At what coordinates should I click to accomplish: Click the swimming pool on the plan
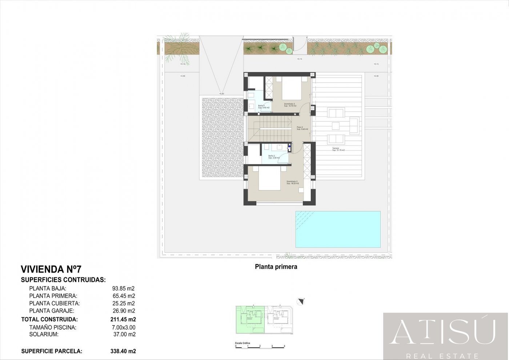point(338,229)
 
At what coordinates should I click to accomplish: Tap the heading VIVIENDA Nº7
point(51,269)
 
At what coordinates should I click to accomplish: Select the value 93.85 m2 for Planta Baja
point(123,289)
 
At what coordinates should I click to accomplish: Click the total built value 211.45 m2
point(123,320)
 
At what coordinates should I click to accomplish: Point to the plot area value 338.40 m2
point(123,351)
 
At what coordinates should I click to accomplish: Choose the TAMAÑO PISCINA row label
point(53,327)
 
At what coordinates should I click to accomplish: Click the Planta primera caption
point(276,267)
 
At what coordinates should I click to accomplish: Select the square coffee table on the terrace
point(336,126)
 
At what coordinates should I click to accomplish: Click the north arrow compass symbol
point(300,301)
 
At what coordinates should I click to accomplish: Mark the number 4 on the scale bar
point(284,346)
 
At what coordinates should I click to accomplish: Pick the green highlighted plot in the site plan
point(250,320)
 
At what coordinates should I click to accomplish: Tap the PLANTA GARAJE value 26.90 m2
point(124,311)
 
